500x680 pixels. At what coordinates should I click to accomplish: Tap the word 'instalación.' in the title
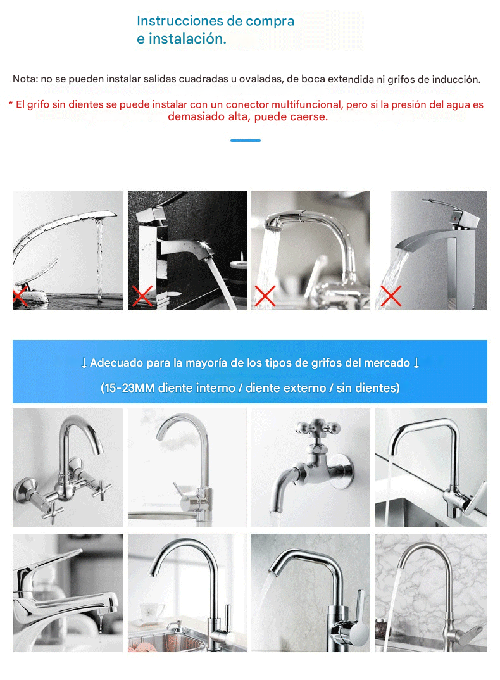[188, 39]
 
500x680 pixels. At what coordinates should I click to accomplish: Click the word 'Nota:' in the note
[25, 79]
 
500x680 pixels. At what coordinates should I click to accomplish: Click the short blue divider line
[246, 141]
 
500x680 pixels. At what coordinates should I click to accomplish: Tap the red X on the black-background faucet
[142, 296]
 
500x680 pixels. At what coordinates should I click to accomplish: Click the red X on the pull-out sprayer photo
[265, 296]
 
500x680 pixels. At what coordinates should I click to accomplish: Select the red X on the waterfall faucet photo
[391, 296]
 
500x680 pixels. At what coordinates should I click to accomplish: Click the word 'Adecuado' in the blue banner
[116, 363]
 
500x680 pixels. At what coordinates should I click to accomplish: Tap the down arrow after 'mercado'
[416, 363]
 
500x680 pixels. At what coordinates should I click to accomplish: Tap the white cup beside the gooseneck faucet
[152, 613]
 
